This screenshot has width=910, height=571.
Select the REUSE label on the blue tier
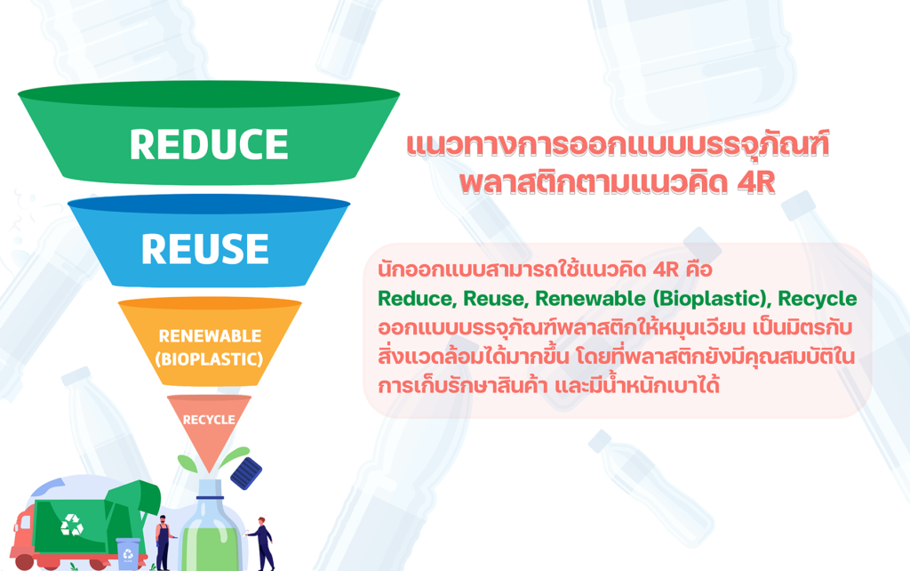click(205, 249)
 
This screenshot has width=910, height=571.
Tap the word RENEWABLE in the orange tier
click(210, 335)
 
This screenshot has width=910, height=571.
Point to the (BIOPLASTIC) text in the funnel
click(209, 359)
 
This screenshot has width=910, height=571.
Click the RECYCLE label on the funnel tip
click(209, 420)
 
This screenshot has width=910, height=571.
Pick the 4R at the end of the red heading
click(756, 181)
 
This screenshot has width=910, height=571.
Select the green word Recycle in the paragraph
click(818, 299)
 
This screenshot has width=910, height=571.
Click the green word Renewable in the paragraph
click(590, 299)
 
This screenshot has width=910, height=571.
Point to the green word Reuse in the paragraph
click(494, 299)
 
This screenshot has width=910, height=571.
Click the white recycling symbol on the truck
click(72, 525)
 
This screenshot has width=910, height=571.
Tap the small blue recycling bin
click(128, 553)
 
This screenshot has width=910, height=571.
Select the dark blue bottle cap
click(246, 473)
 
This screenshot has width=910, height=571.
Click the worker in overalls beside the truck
click(164, 542)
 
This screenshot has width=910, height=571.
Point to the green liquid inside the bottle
click(211, 549)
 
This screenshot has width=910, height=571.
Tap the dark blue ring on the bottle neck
click(210, 497)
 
